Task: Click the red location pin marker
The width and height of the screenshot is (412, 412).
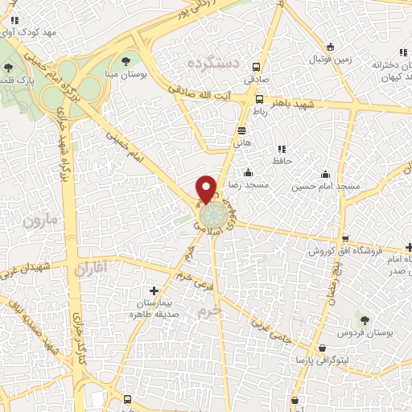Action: tap(207, 188)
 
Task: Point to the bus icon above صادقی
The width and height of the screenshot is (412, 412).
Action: tap(257, 68)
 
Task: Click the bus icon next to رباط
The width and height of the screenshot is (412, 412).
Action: tap(259, 100)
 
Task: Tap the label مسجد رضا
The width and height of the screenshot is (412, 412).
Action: tap(248, 186)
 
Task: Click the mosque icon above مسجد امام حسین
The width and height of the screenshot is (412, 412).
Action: tap(326, 174)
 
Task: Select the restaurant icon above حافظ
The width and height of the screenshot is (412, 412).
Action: tap(281, 149)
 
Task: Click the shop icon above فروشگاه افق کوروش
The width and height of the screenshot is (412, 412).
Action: tap(345, 239)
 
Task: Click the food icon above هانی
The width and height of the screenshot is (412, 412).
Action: tap(241, 130)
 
